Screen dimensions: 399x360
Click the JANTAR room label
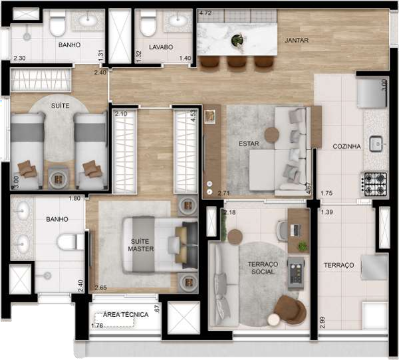[297, 40]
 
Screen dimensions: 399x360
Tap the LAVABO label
[161, 47]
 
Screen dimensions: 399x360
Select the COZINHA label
[346, 146]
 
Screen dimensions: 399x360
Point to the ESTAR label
[249, 143]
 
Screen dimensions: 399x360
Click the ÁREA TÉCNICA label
[126, 314]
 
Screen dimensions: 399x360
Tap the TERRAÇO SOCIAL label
[263, 268]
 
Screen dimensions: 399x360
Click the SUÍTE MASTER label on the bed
[141, 245]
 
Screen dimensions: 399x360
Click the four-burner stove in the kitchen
[375, 184]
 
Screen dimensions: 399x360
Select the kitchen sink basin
[376, 144]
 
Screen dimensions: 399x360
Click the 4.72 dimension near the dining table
[205, 13]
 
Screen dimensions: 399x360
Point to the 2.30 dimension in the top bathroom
[19, 58]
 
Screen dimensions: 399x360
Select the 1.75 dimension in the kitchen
[327, 193]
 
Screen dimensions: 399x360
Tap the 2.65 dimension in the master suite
[101, 288]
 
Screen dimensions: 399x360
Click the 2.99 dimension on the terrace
[322, 323]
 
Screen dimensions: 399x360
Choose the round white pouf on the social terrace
[274, 320]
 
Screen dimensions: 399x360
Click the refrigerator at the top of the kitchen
[372, 93]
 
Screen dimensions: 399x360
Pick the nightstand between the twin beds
[59, 179]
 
